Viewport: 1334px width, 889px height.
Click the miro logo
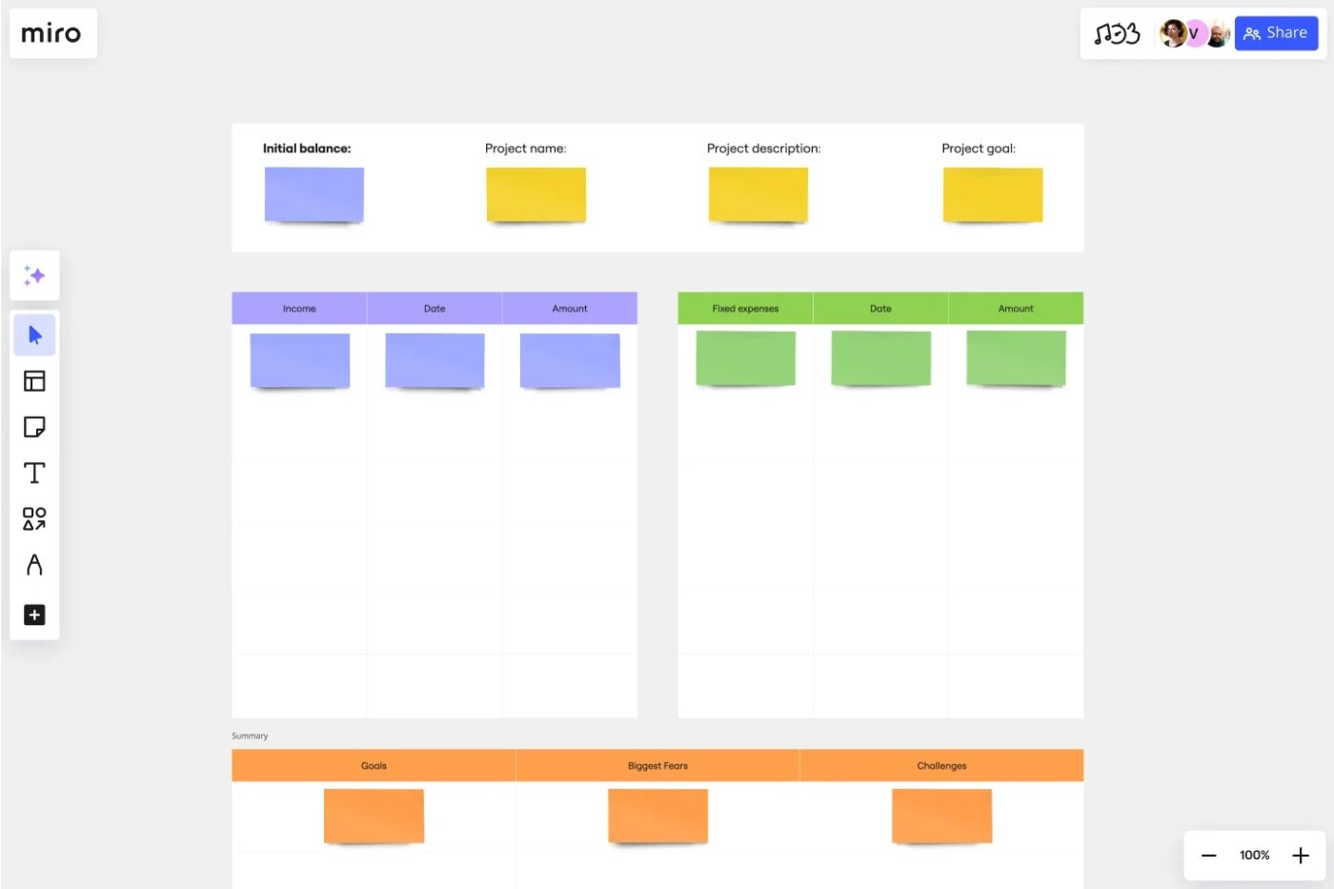tap(51, 33)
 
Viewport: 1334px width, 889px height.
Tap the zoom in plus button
tap(1301, 855)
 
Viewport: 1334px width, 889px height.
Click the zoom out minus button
tap(1208, 856)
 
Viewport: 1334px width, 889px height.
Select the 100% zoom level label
tap(1254, 855)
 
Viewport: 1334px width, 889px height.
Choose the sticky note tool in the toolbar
tap(34, 427)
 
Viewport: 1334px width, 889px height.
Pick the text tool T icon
tap(34, 473)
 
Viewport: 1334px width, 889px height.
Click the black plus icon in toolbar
tap(34, 615)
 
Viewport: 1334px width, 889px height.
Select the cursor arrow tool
tap(34, 335)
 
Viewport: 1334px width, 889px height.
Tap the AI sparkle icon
tap(34, 275)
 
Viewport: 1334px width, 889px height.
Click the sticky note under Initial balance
tap(314, 194)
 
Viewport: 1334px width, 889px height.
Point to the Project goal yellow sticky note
tap(993, 194)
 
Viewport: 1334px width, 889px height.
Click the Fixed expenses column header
tap(745, 309)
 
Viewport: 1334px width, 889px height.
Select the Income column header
tap(299, 309)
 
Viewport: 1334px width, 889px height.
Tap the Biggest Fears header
tap(657, 766)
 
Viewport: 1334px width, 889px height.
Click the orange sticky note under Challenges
tap(941, 817)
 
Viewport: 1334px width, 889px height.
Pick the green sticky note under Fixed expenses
tap(745, 358)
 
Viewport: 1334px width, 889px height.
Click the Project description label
tap(763, 149)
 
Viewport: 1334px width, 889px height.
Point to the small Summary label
tap(250, 736)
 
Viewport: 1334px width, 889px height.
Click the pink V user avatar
tap(1194, 33)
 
